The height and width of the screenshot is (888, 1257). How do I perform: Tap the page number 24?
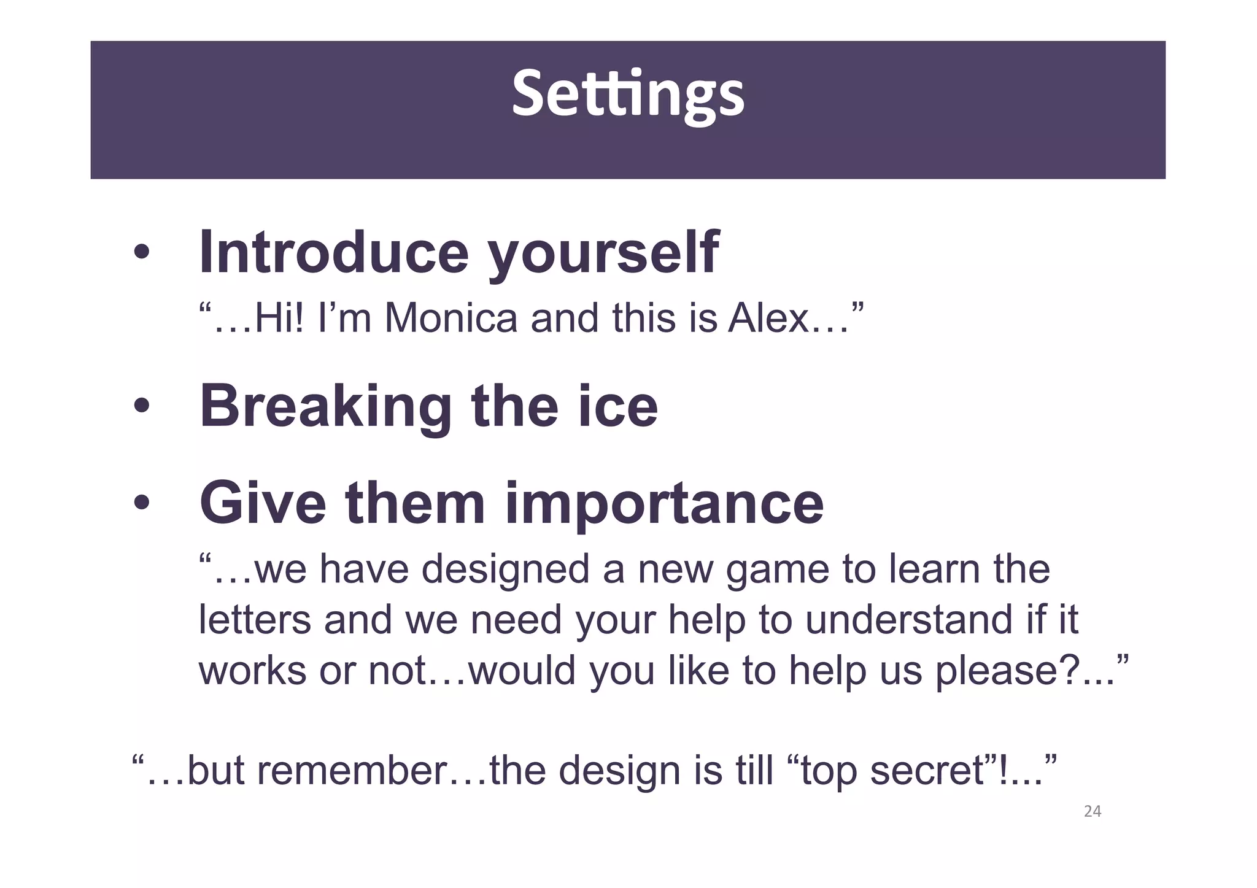(1093, 811)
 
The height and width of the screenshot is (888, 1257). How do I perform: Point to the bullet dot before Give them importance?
(142, 503)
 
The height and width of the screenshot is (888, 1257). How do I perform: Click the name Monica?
(451, 319)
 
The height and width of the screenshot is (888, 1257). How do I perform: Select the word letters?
(255, 620)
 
